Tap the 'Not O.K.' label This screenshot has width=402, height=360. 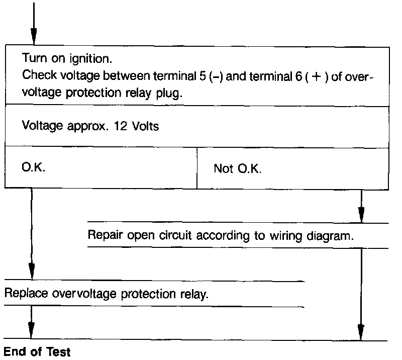click(237, 168)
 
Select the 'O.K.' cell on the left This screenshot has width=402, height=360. click(34, 167)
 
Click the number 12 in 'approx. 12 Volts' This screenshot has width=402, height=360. click(123, 126)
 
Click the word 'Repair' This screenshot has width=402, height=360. click(103, 235)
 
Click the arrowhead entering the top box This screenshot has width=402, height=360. click(34, 36)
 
